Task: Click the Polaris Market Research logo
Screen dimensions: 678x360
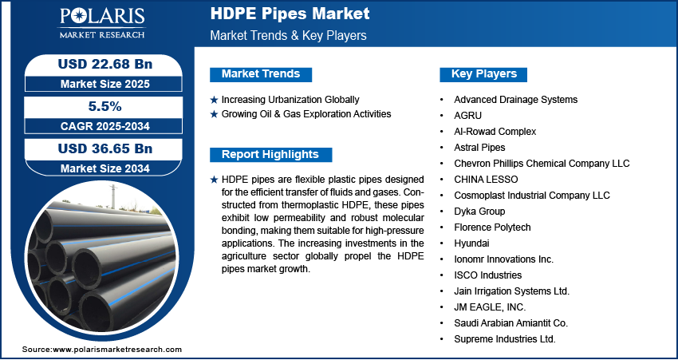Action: tap(102, 22)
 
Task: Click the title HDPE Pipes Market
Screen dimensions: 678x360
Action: tap(290, 14)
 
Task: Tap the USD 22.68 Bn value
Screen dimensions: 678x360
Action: tap(105, 64)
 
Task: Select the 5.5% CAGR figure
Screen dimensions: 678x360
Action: tap(105, 106)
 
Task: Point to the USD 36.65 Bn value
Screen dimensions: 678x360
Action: tap(105, 148)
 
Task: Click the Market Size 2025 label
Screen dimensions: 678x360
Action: tap(105, 84)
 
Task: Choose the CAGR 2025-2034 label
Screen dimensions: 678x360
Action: tap(105, 126)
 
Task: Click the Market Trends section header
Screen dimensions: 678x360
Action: tap(261, 74)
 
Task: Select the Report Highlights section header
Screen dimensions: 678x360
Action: tap(270, 155)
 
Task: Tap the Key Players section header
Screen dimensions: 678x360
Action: tap(483, 74)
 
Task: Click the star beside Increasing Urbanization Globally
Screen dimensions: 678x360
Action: tap(214, 100)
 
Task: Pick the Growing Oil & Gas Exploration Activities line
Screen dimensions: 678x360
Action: tap(306, 114)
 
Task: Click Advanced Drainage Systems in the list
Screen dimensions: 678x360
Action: tap(515, 100)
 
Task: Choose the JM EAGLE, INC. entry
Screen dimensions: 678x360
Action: tap(490, 307)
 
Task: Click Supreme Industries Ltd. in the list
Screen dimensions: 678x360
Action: tap(505, 338)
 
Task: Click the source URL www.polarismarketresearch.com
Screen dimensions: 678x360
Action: tap(117, 350)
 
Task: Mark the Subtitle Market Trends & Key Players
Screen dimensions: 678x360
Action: tap(289, 35)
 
